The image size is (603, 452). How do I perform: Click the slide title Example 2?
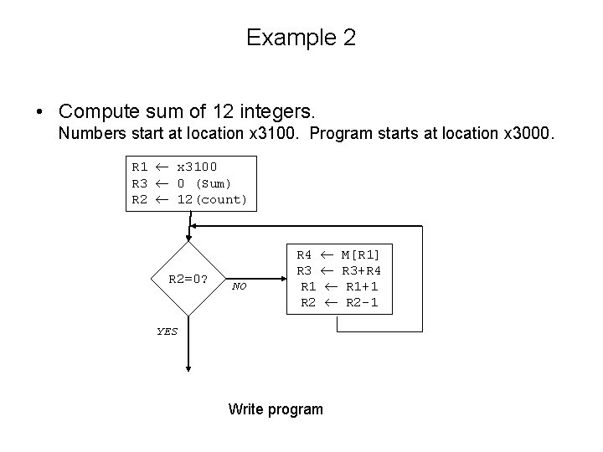301,38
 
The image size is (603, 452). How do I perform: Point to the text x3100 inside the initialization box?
197,167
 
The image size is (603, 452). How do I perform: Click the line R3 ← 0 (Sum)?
182,183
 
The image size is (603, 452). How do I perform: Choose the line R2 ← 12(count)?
189,199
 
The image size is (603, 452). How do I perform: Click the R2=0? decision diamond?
188,280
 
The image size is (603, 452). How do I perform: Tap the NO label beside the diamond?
240,286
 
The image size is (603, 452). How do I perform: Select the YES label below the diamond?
167,331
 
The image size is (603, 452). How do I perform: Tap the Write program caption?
276,409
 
